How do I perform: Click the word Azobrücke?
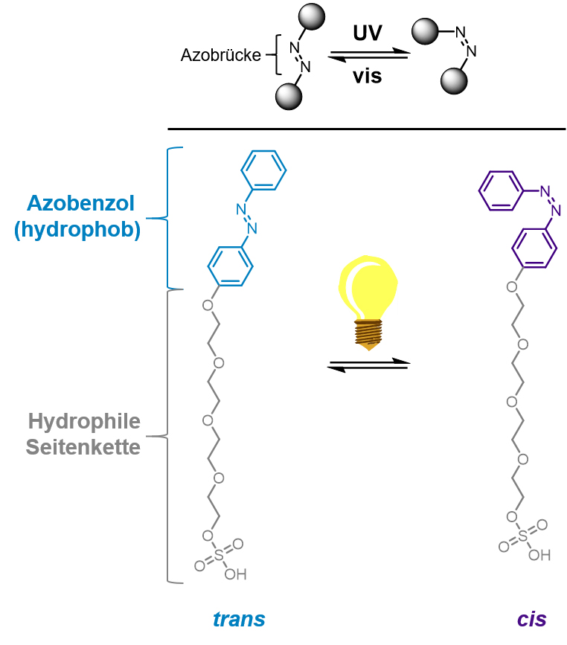(220, 55)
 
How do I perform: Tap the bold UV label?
(368, 33)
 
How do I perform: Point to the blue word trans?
(239, 619)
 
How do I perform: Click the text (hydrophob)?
(77, 231)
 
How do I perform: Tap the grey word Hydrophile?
(84, 422)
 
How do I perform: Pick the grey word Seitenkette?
(83, 449)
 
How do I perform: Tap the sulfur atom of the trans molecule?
(218, 554)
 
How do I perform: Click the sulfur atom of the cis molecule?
(524, 536)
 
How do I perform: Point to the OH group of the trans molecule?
(235, 574)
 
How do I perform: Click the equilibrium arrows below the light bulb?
(368, 364)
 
